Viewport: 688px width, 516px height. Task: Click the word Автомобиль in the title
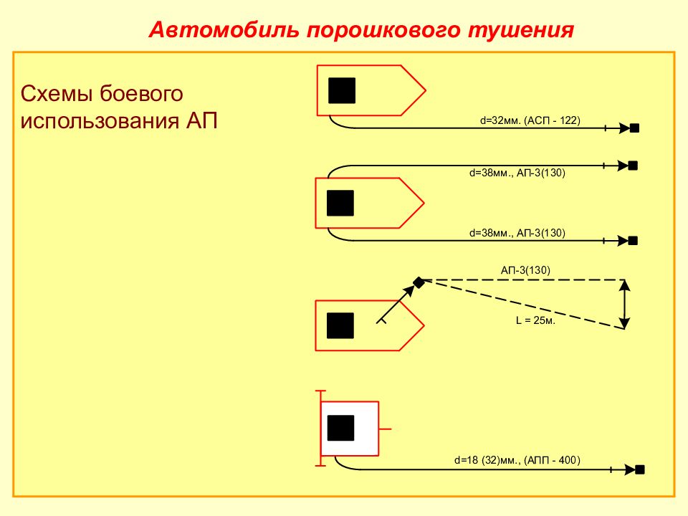pyautogui.click(x=224, y=30)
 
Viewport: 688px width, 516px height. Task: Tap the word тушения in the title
pyautogui.click(x=521, y=31)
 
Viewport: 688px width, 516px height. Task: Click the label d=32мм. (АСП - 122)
pyautogui.click(x=530, y=120)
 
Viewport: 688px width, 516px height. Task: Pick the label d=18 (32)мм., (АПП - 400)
pyautogui.click(x=517, y=460)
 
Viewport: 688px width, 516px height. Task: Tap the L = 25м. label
pyautogui.click(x=535, y=321)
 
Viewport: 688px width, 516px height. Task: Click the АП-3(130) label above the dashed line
pyautogui.click(x=525, y=270)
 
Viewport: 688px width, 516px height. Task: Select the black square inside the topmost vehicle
pyautogui.click(x=342, y=90)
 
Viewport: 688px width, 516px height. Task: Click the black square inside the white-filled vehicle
pyautogui.click(x=341, y=428)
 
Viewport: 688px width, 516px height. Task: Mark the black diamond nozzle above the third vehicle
pyautogui.click(x=419, y=282)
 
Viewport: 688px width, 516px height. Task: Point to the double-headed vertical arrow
pyautogui.click(x=624, y=305)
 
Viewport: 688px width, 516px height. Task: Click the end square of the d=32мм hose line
pyautogui.click(x=634, y=128)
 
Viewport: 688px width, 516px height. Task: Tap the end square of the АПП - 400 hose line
pyautogui.click(x=640, y=469)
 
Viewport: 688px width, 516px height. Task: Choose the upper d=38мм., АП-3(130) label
pyautogui.click(x=517, y=173)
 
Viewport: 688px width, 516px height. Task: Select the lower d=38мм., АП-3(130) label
pyautogui.click(x=517, y=233)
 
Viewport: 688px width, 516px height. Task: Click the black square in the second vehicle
pyautogui.click(x=340, y=203)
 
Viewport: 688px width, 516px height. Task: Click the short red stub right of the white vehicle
pyautogui.click(x=385, y=429)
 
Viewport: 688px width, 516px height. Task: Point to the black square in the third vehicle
pyautogui.click(x=340, y=325)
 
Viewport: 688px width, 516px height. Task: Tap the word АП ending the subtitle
pyautogui.click(x=202, y=120)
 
